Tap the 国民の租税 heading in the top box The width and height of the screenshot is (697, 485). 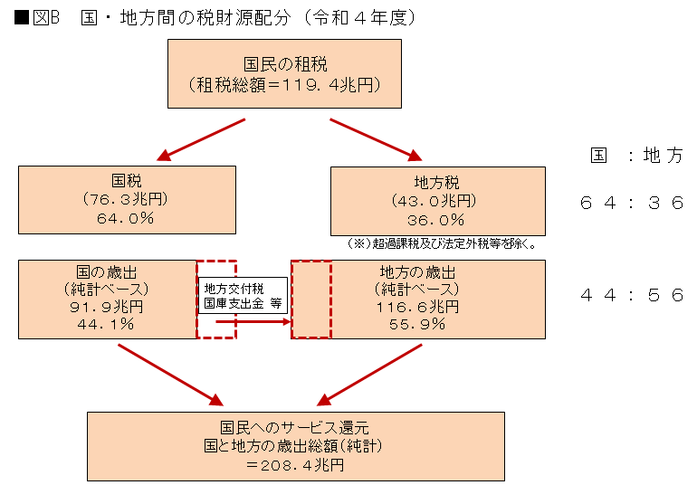(285, 64)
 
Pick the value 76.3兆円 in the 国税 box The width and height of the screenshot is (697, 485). (127, 200)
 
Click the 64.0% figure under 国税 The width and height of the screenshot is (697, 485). (127, 218)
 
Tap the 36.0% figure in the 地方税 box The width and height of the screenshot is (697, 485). (439, 220)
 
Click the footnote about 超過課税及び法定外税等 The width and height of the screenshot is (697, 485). (443, 243)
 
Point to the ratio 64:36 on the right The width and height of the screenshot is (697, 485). (631, 204)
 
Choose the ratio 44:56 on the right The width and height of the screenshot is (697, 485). (631, 295)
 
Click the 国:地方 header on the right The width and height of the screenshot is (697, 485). (636, 156)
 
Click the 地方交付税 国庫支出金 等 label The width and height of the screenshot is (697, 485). (243, 296)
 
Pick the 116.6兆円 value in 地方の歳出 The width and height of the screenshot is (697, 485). (418, 307)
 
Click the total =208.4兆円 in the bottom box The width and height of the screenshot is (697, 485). (294, 465)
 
